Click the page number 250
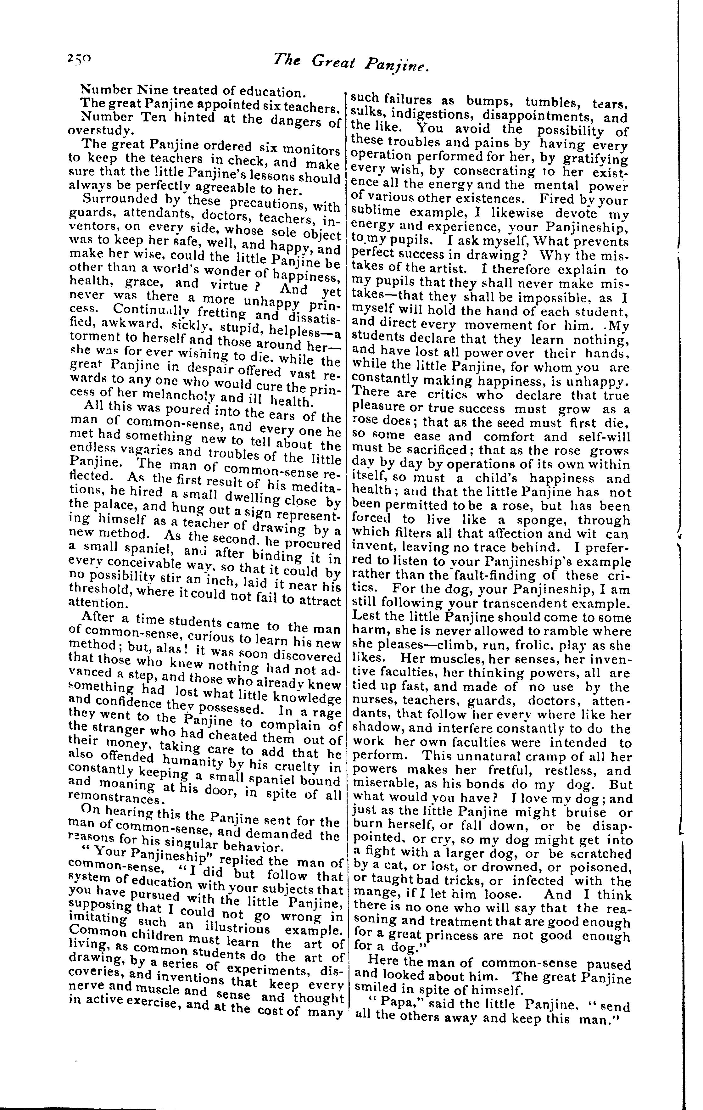click(79, 59)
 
